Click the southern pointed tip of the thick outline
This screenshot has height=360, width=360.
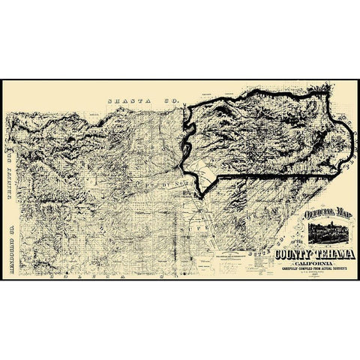tap(202, 197)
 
